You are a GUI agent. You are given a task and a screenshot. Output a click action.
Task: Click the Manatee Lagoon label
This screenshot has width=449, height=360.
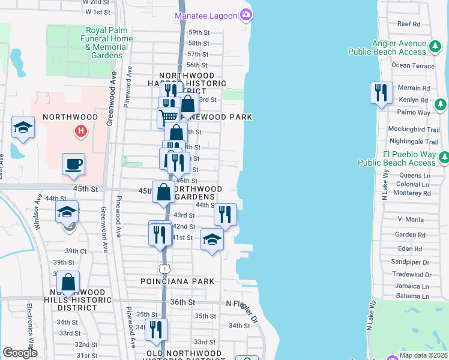(206, 15)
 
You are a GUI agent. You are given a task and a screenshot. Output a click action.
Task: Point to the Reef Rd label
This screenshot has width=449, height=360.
(409, 24)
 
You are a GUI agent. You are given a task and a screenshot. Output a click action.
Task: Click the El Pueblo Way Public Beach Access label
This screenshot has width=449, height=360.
(396, 158)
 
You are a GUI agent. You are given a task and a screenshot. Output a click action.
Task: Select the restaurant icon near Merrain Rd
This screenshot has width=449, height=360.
(381, 92)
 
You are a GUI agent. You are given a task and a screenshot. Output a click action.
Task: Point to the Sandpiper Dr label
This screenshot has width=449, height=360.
(410, 262)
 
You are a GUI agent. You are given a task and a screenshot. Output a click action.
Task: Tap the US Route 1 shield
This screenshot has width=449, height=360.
(163, 267)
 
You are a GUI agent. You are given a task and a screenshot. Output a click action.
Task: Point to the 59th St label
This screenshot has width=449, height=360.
(198, 32)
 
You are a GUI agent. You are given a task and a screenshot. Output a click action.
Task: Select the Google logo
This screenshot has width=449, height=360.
(20, 353)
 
